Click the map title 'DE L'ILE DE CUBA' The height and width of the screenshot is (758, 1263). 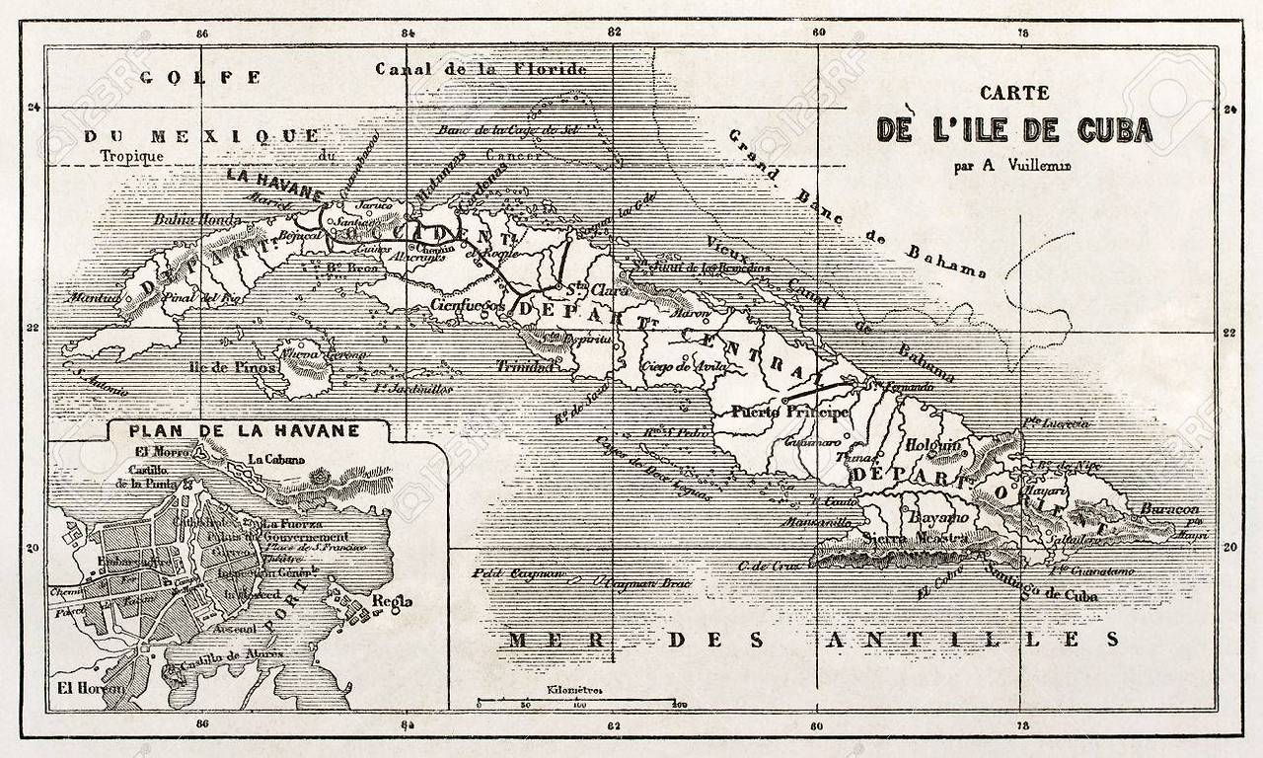(x=1014, y=130)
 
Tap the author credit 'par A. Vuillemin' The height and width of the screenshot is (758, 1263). (x=1012, y=166)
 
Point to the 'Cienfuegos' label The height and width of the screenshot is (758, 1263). (x=469, y=306)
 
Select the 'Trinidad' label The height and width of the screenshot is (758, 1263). (x=524, y=366)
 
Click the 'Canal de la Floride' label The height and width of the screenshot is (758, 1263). (x=481, y=69)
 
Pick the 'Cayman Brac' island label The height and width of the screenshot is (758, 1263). (x=643, y=583)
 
